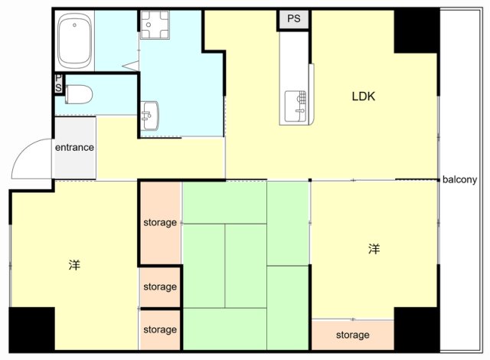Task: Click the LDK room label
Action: click(364, 97)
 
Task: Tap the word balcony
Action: click(459, 180)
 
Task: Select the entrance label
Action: click(74, 147)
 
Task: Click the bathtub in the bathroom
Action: click(75, 41)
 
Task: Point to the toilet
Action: click(79, 94)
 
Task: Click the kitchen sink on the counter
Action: click(296, 106)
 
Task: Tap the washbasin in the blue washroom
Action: click(150, 116)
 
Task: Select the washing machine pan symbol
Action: click(155, 25)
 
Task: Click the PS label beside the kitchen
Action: click(294, 18)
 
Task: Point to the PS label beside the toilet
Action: click(59, 83)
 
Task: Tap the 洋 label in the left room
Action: click(74, 265)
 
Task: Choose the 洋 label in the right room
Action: click(374, 250)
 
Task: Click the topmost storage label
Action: click(160, 222)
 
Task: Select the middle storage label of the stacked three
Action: click(160, 286)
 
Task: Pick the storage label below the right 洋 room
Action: click(353, 335)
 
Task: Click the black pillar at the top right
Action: click(416, 31)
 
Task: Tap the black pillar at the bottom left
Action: click(32, 329)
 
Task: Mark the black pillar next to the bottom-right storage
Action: click(416, 329)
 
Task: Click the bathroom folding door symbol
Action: click(131, 66)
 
